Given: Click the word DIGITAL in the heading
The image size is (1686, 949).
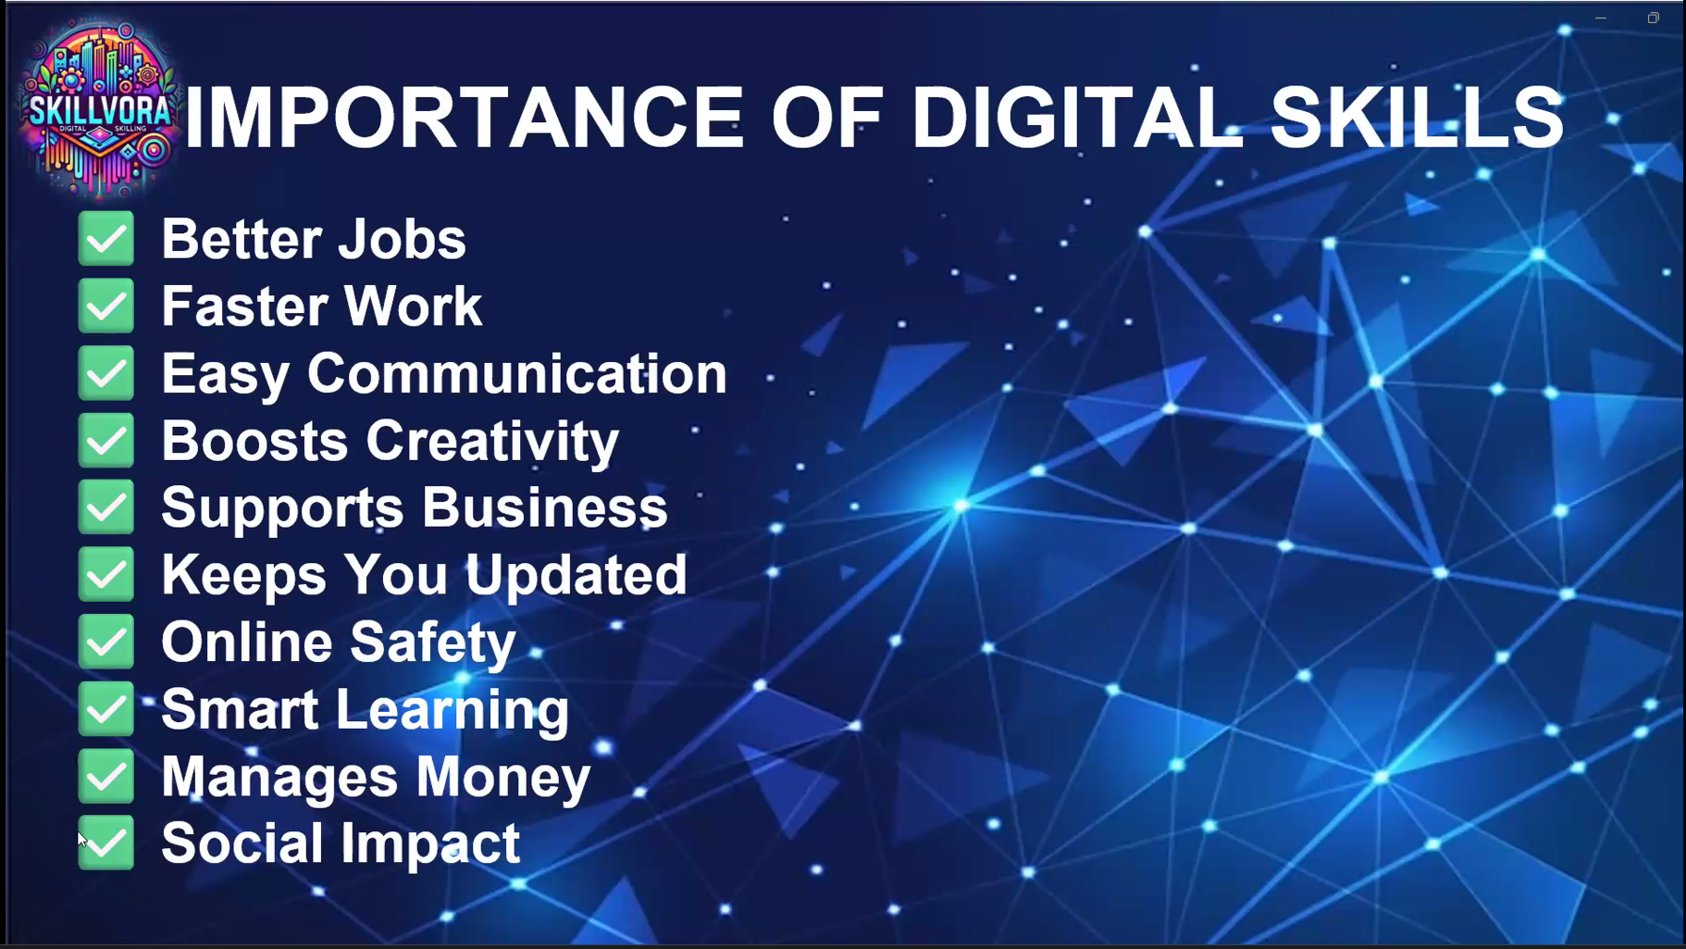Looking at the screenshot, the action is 1077,118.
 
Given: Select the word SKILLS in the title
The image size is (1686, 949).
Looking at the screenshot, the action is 1417,118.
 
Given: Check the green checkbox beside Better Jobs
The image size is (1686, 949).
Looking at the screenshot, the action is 106,239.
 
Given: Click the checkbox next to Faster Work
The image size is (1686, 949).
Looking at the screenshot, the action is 106,306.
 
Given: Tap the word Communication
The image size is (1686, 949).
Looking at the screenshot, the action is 517,373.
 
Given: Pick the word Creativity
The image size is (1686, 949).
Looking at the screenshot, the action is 493,441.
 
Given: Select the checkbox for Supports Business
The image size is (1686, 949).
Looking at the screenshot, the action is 106,507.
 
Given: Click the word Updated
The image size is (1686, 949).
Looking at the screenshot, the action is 576,575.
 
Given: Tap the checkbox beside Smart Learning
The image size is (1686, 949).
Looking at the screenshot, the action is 106,709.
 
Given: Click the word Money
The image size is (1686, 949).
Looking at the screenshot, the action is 502,777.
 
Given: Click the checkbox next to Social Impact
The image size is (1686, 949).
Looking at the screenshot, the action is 106,843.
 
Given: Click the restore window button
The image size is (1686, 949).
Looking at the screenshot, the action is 1653,18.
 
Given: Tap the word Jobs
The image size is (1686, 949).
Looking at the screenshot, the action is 402,239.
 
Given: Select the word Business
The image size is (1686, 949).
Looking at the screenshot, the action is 545,507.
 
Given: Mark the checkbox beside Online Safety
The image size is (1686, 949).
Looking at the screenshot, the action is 106,642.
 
